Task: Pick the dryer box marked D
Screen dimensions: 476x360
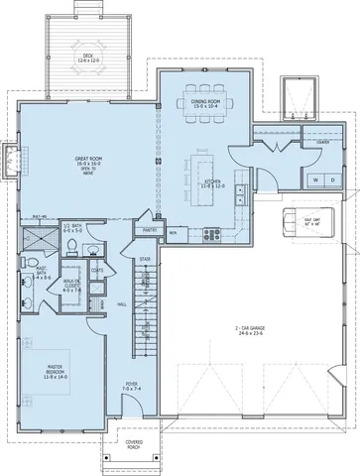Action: (333, 179)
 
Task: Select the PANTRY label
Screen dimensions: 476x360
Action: (152, 231)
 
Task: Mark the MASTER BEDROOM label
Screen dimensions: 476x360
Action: (48, 372)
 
